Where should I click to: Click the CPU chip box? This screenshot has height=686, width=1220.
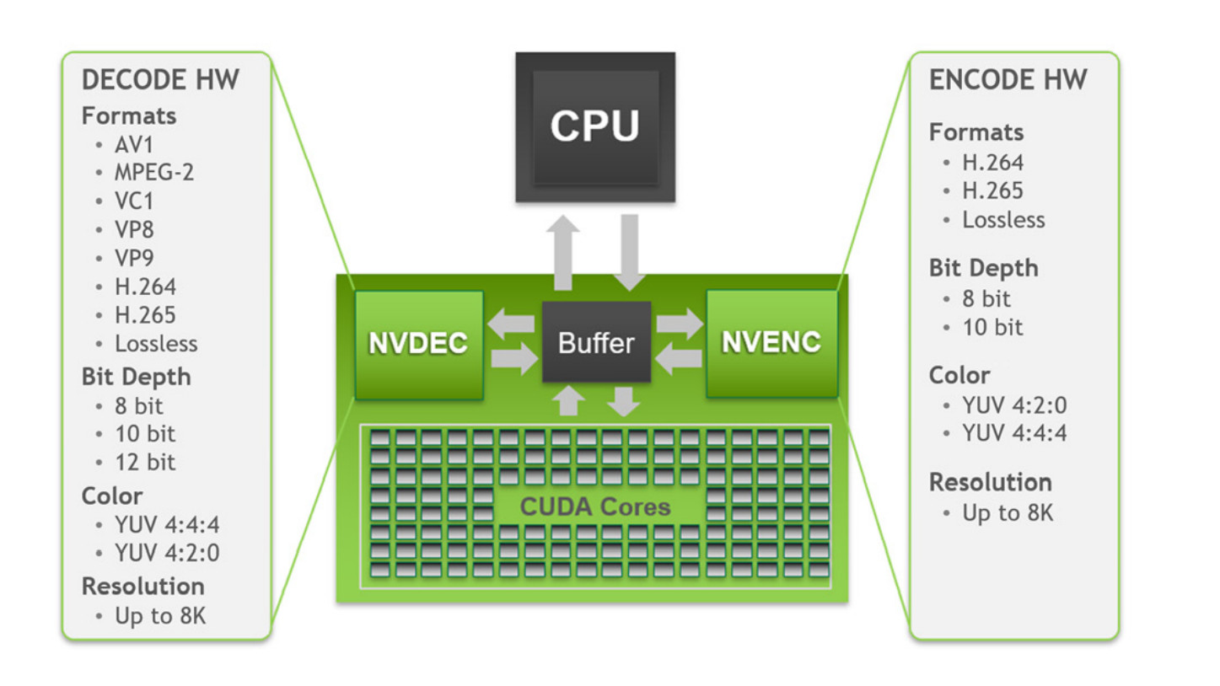[x=595, y=126]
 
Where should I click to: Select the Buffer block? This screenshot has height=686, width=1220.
[x=596, y=342]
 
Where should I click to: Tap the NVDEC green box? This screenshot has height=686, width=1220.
[x=419, y=344]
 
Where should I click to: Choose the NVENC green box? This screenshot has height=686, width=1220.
[x=771, y=342]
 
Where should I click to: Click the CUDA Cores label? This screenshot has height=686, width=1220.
[x=595, y=506]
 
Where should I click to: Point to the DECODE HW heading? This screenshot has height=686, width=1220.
[x=160, y=80]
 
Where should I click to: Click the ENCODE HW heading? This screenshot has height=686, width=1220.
[x=1008, y=80]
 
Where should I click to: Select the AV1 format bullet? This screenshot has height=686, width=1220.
[x=134, y=144]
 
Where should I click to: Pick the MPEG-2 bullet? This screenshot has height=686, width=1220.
[x=154, y=173]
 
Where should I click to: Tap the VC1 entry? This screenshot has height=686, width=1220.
[x=134, y=201]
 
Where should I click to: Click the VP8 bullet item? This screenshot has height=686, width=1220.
[x=134, y=229]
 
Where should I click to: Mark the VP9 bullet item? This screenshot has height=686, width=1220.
[x=134, y=258]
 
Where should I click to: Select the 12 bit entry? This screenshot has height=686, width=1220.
[x=146, y=462]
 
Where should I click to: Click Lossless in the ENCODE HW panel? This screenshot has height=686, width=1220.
[x=1003, y=220]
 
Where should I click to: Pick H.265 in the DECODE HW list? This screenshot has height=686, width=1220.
[x=145, y=315]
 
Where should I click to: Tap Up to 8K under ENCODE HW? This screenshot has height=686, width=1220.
[x=1008, y=512]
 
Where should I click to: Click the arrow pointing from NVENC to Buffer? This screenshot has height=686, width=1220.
[x=680, y=360]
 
